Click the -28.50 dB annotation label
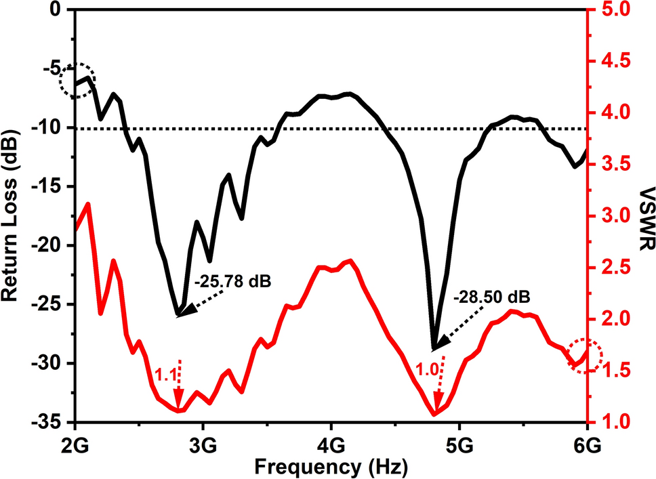[x=491, y=297]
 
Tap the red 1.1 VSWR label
[x=164, y=373]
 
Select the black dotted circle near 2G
[x=77, y=81]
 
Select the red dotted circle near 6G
[x=585, y=355]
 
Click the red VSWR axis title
[x=644, y=215]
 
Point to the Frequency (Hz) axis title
[x=330, y=467]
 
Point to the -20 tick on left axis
[x=49, y=245]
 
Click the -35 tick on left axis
[x=49, y=422]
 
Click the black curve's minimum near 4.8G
[x=434, y=348]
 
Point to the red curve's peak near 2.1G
[x=87, y=203]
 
